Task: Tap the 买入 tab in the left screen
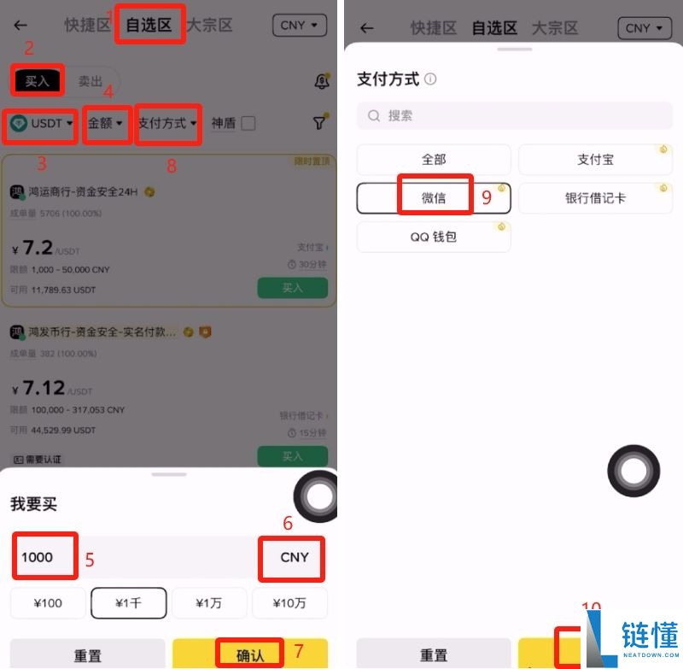tap(38, 81)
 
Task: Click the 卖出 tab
tap(90, 81)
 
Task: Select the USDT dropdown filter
tap(42, 123)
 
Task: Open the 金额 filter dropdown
tap(106, 123)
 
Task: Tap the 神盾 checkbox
tap(248, 123)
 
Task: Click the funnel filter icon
tap(319, 123)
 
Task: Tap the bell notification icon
tap(322, 81)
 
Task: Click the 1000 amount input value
tap(38, 557)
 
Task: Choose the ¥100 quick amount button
tap(48, 603)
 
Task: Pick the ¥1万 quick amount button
tap(209, 603)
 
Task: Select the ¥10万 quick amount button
tap(289, 603)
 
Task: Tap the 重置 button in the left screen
tap(88, 655)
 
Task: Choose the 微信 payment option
tap(434, 197)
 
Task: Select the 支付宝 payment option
tap(595, 160)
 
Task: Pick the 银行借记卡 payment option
tap(595, 197)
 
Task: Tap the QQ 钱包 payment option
tap(434, 237)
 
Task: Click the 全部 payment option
tap(434, 160)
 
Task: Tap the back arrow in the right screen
tap(367, 28)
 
